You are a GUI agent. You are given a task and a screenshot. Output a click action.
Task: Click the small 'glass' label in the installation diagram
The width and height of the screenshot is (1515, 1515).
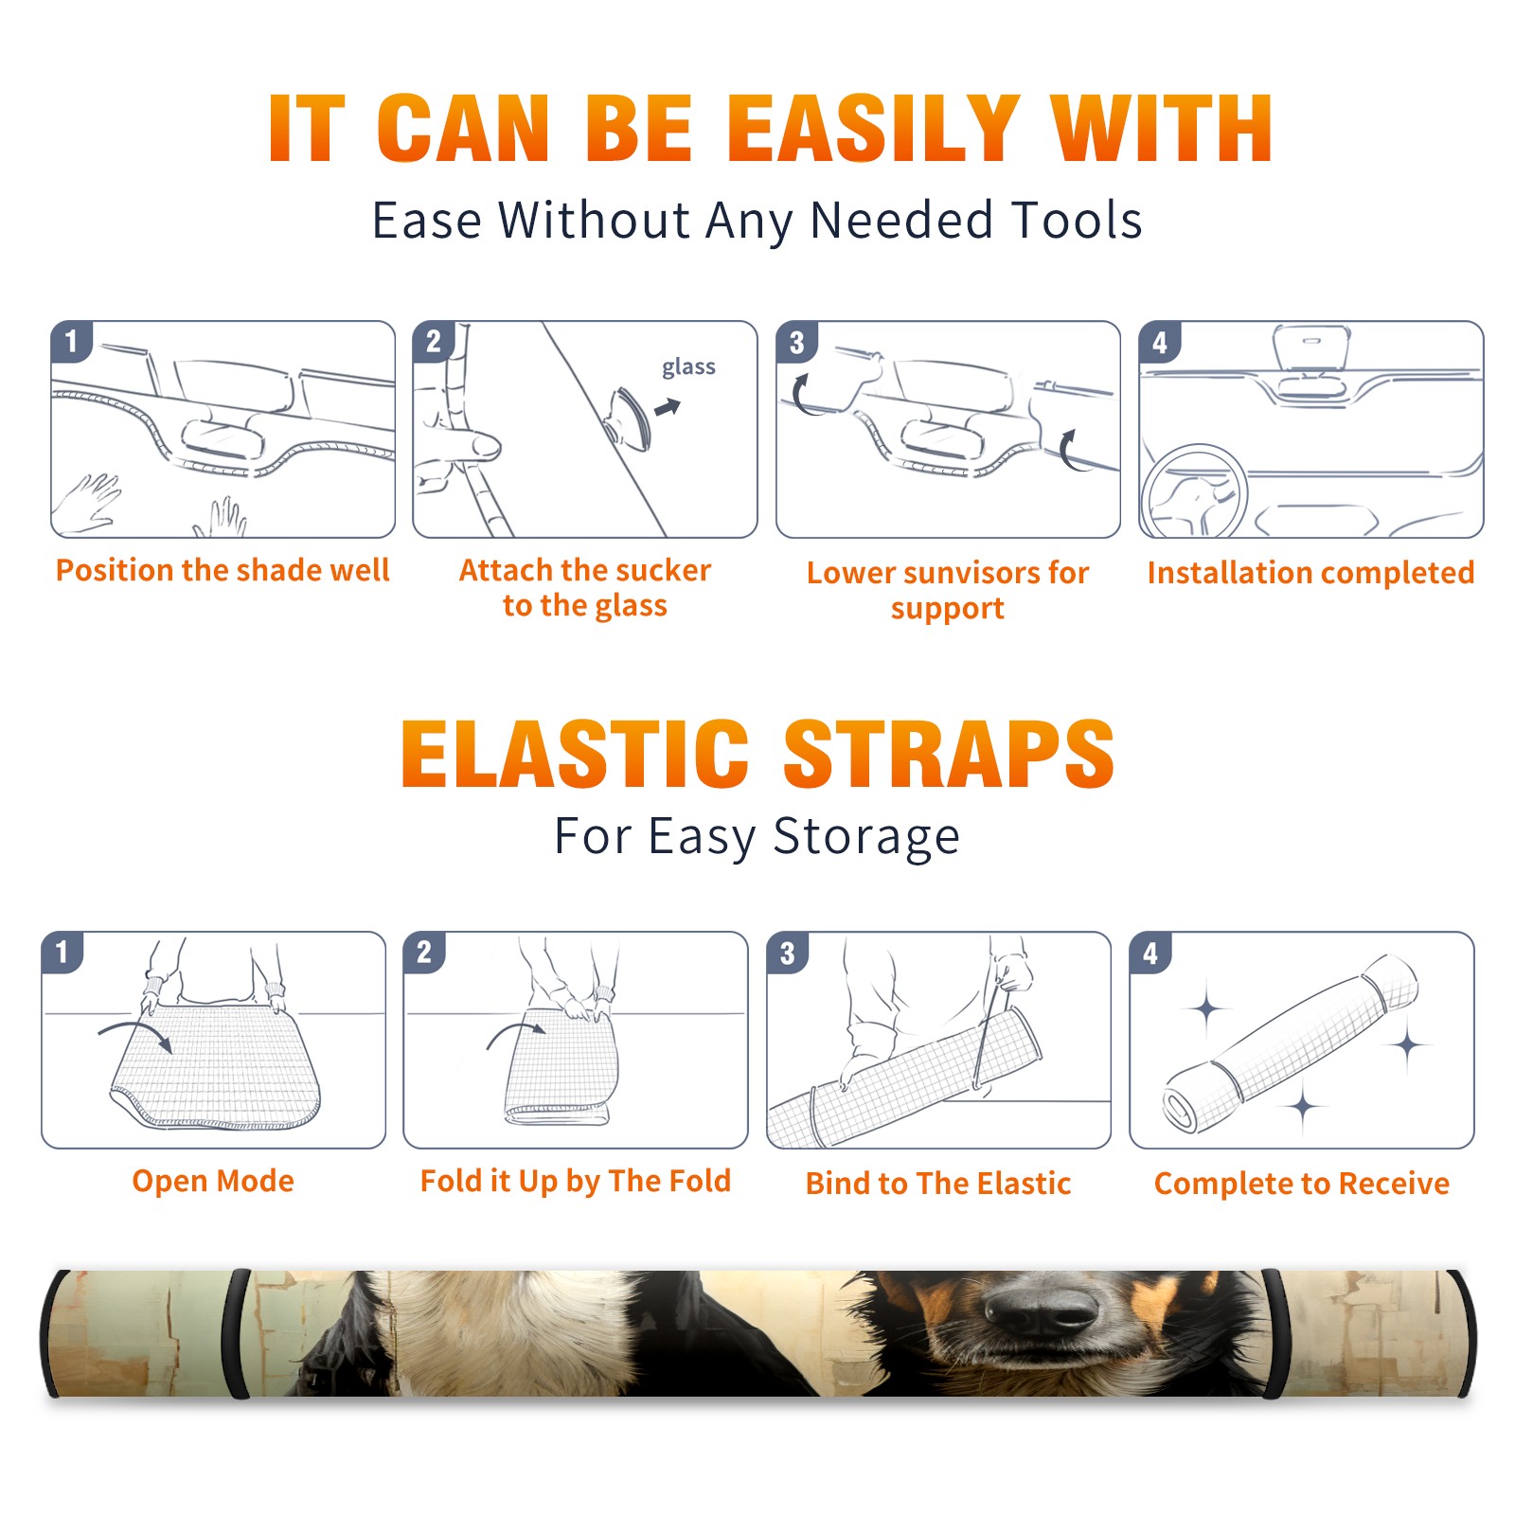[x=688, y=367]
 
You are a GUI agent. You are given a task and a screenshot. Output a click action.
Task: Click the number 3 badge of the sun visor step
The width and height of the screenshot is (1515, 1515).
[x=797, y=343]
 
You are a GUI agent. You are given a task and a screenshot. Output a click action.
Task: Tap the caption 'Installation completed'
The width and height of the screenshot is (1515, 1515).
[x=1310, y=573]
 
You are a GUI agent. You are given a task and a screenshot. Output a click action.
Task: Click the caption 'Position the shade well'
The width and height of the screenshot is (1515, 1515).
[x=223, y=570]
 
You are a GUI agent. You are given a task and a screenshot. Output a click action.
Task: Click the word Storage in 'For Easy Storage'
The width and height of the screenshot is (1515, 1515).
[x=866, y=837]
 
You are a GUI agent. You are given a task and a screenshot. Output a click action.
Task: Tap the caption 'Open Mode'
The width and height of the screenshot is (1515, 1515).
[x=213, y=1181]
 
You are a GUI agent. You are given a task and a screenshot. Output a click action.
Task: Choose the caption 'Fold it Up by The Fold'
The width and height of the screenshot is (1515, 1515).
[x=576, y=1182]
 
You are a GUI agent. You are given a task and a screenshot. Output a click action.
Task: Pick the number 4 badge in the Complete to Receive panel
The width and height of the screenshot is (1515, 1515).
[x=1150, y=954]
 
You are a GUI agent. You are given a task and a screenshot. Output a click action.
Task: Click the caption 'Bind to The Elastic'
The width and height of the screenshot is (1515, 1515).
[x=938, y=1184]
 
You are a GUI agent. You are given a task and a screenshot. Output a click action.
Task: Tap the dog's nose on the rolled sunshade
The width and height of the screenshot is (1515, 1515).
[x=1040, y=1311]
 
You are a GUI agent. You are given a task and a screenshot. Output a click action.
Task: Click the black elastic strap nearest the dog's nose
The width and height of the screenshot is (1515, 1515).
[x=1272, y=1334]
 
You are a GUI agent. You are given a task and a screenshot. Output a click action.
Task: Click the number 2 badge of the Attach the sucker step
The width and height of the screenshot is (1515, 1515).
[x=434, y=343]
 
